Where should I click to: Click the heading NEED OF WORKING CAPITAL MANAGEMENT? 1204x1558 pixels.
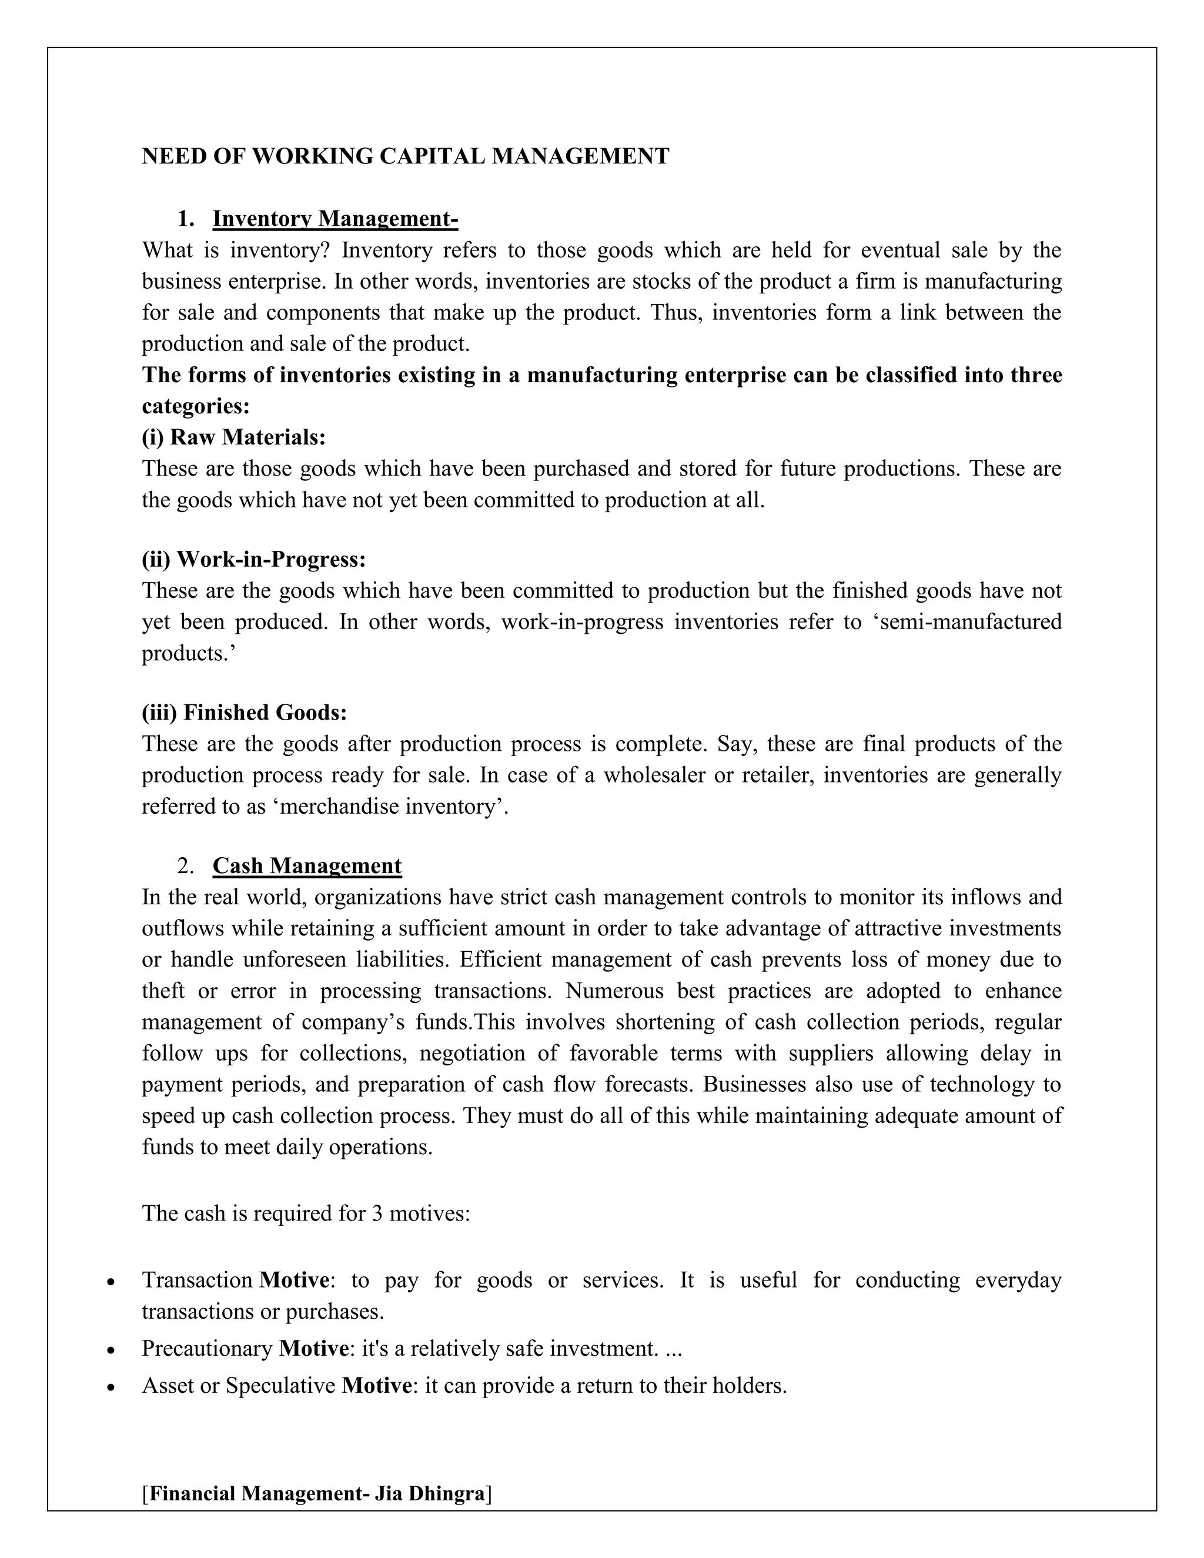[405, 156]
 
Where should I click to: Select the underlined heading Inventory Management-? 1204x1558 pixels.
[335, 218]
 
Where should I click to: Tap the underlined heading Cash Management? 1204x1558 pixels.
[307, 865]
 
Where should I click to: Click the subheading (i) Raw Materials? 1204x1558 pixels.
[233, 437]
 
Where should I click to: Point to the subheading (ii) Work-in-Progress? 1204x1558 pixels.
[253, 559]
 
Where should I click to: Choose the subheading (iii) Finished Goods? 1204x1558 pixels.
[244, 712]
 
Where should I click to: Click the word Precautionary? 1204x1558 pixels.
[207, 1348]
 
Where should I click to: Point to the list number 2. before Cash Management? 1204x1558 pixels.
[185, 866]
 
